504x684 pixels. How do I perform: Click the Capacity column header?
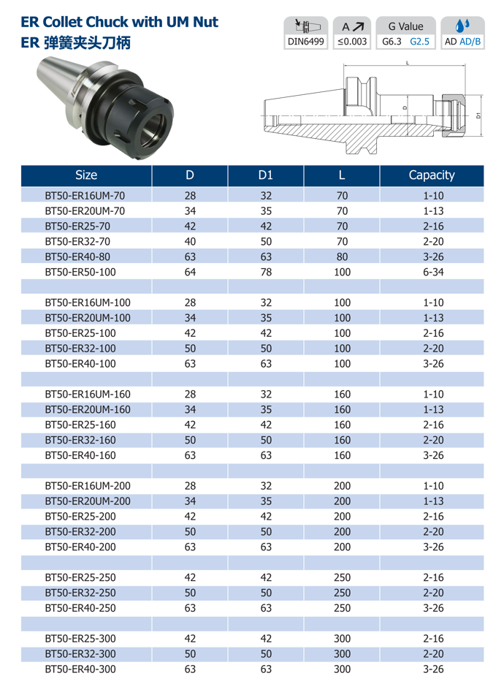[431, 175]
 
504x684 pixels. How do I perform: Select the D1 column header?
[266, 175]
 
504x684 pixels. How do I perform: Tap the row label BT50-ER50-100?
[80, 272]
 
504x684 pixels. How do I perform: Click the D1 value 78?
[266, 272]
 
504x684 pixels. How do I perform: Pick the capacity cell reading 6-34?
[433, 272]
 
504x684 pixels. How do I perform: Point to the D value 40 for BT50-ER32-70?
[190, 242]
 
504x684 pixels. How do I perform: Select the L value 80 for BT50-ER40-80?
[343, 257]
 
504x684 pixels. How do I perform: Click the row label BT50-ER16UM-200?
[88, 486]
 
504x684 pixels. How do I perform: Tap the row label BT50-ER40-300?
[80, 669]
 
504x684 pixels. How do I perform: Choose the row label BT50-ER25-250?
[80, 577]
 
